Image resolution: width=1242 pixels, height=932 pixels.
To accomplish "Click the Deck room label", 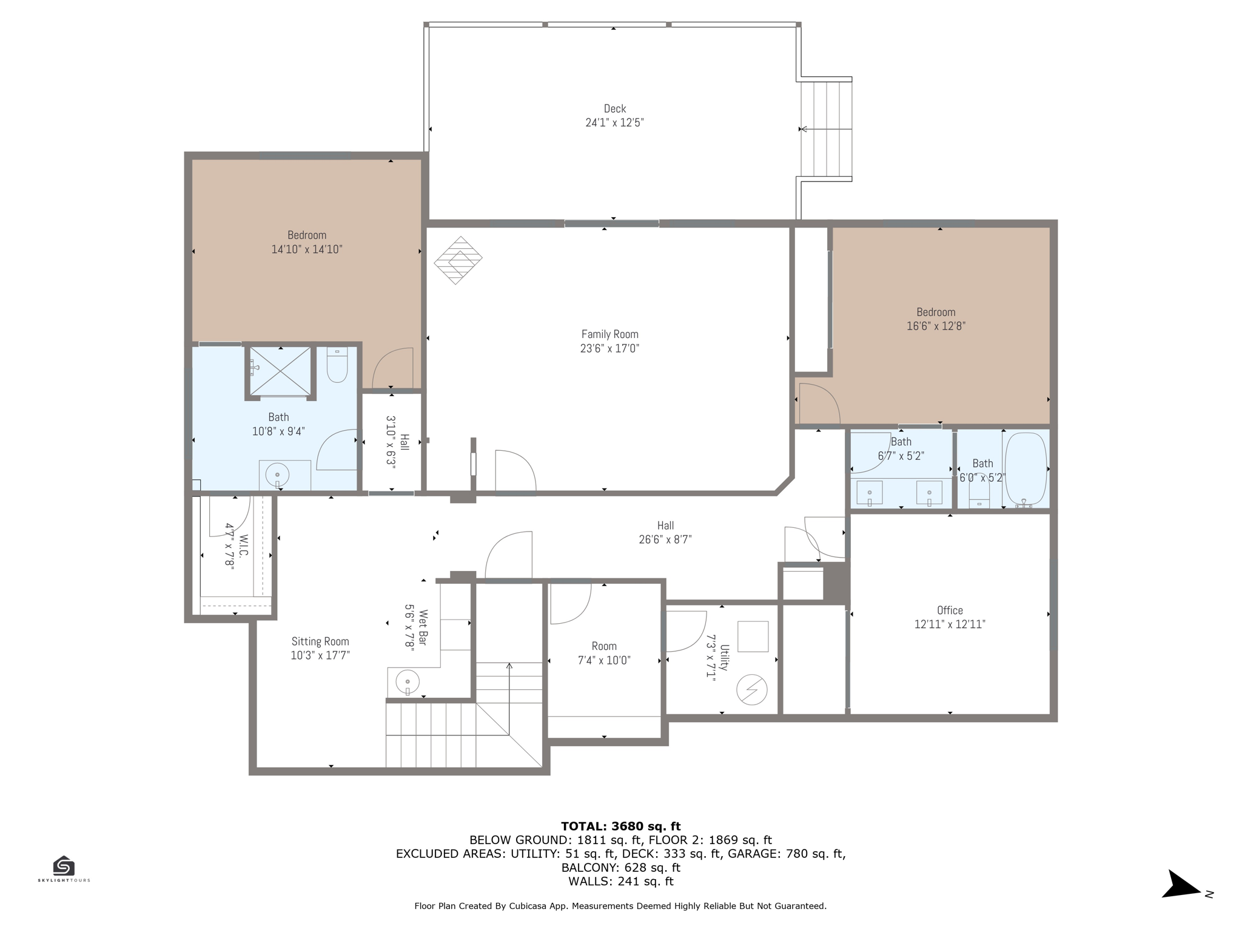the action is pos(614,109).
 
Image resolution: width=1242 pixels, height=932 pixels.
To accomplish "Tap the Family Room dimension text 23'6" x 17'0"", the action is pos(609,348).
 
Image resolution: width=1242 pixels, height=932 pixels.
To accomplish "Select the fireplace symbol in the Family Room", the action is pos(458,260).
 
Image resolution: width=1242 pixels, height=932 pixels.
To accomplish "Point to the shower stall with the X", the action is pos(280,371).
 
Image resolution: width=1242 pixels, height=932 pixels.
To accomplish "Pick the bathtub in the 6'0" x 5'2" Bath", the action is pos(1025,469).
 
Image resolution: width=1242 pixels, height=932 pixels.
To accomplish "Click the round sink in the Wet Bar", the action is pos(408,682).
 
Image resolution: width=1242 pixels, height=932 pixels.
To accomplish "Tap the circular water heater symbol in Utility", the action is pos(752,689).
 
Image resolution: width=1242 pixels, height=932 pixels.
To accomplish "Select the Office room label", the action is pos(950,610).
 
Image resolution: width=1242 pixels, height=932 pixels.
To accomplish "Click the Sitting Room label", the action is pos(320,641).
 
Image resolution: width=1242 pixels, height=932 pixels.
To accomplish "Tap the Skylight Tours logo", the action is pos(64,868).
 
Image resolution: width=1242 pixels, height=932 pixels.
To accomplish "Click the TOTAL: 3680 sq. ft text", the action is pos(620,826).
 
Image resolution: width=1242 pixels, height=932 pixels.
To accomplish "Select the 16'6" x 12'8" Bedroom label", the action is pos(936,312).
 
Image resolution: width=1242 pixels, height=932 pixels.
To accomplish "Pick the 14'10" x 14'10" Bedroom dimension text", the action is pos(307,249).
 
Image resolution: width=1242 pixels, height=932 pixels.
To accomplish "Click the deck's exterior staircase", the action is pos(826,129).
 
